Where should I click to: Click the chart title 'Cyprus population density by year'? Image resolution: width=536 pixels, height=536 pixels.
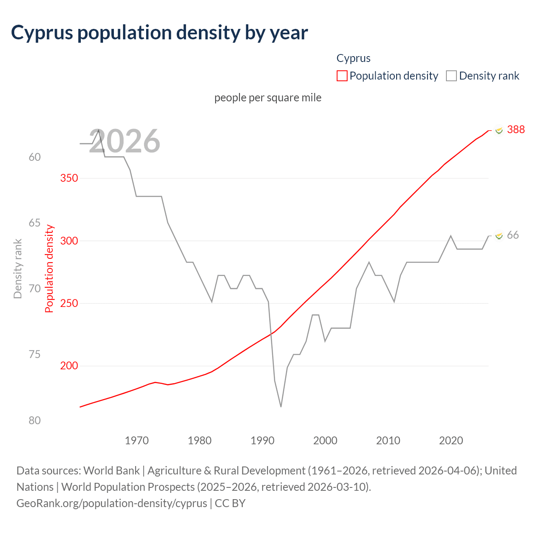pyautogui.click(x=160, y=33)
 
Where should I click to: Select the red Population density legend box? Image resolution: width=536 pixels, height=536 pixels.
pyautogui.click(x=342, y=76)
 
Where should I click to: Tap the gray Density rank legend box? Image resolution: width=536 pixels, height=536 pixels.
pyautogui.click(x=451, y=76)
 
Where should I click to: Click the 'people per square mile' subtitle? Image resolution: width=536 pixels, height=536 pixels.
pyautogui.click(x=268, y=98)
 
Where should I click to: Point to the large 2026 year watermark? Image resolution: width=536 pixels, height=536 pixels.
pyautogui.click(x=125, y=142)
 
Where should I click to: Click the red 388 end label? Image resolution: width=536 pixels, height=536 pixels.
pyautogui.click(x=515, y=129)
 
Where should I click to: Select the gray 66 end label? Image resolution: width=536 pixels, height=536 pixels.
pyautogui.click(x=513, y=235)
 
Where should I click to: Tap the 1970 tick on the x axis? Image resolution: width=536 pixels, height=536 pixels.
pyautogui.click(x=137, y=441)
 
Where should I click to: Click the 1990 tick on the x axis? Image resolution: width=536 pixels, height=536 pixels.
pyautogui.click(x=263, y=441)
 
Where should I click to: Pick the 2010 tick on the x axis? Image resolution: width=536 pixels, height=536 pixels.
pyautogui.click(x=388, y=441)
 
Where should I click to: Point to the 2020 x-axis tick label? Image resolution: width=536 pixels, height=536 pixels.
pyautogui.click(x=451, y=441)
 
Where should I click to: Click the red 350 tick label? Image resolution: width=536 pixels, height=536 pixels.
pyautogui.click(x=69, y=178)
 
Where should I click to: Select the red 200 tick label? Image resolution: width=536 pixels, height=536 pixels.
pyautogui.click(x=69, y=366)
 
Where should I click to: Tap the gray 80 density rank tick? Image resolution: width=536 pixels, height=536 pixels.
pyautogui.click(x=35, y=420)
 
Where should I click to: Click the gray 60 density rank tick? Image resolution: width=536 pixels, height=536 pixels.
pyautogui.click(x=35, y=157)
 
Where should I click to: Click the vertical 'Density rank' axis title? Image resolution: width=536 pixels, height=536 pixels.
pyautogui.click(x=18, y=269)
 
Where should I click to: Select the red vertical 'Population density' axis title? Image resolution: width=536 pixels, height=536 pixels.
pyautogui.click(x=49, y=269)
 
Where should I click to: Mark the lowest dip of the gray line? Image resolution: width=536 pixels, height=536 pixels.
pyautogui.click(x=281, y=406)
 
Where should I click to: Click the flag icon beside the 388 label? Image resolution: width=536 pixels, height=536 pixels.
pyautogui.click(x=498, y=130)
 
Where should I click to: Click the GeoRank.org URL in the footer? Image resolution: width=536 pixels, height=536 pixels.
pyautogui.click(x=112, y=503)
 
